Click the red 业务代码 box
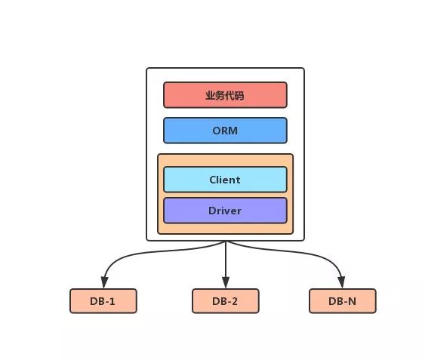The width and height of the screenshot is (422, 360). point(225,96)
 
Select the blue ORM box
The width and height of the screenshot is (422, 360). point(225,131)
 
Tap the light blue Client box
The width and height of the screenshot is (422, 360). point(225,180)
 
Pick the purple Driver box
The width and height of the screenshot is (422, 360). point(225,211)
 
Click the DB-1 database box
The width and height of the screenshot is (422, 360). point(103,301)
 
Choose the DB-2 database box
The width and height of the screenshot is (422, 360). point(225,301)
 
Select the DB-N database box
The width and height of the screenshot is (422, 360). point(342,301)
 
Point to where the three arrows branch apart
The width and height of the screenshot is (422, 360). point(225,242)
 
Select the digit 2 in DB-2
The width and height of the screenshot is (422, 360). point(235,301)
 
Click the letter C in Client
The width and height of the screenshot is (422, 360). point(213,180)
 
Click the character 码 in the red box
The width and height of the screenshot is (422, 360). point(239,96)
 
